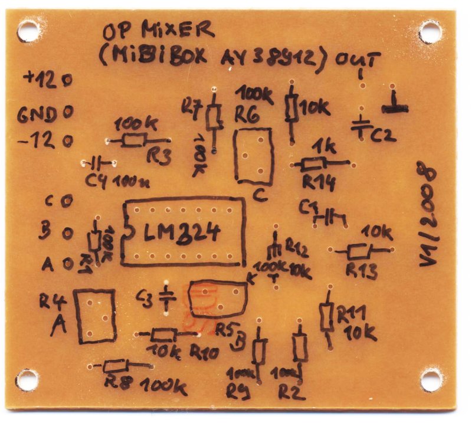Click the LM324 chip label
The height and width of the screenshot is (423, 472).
[181, 232]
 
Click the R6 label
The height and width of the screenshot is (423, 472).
[247, 116]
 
